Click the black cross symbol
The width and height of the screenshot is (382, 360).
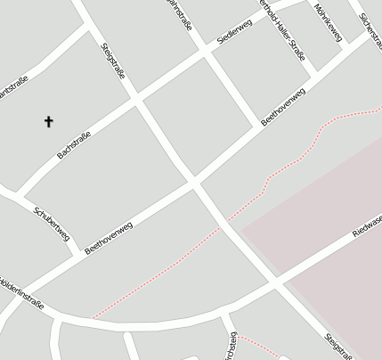coord(48,121)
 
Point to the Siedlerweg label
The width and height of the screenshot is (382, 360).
coord(235,31)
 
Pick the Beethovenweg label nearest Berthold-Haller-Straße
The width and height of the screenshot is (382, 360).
coord(284,107)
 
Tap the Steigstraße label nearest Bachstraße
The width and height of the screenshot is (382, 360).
coord(113,61)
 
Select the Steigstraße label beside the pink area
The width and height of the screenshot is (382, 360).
coord(340,347)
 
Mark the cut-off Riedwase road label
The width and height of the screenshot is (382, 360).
coord(367,225)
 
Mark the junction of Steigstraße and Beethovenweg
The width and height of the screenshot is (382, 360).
coord(192,183)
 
